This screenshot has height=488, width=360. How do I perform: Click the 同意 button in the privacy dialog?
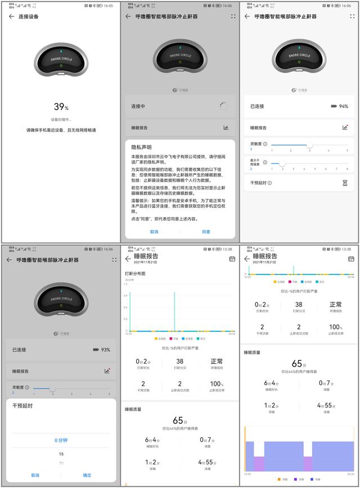[206, 231]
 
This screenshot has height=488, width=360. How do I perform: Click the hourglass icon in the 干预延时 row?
[345, 183]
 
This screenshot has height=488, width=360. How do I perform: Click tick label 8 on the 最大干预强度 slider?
[347, 169]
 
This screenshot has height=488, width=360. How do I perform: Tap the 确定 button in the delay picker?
[87, 475]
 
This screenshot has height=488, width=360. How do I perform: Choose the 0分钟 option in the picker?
[61, 440]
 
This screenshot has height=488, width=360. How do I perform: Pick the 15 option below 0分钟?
[61, 454]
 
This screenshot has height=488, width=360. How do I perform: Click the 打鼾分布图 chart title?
[135, 274]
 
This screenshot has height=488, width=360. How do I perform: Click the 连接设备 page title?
[29, 16]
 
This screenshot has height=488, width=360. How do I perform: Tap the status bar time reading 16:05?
[108, 6]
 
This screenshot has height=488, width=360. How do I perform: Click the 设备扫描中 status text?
[61, 119]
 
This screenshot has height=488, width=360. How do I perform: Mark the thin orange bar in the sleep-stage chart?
[245, 448]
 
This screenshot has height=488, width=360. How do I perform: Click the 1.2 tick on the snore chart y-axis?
[126, 285]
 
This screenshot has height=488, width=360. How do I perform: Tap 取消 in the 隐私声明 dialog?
[154, 231]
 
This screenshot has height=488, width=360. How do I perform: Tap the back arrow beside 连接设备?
[11, 16]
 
